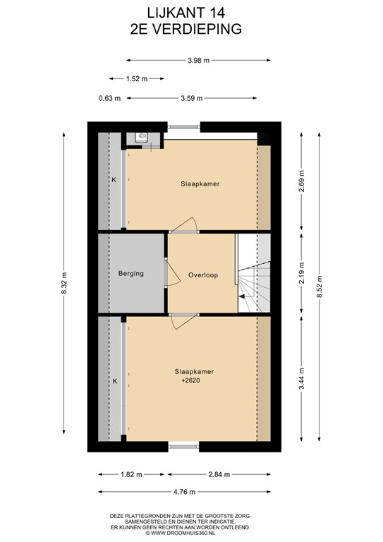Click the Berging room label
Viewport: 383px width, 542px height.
click(131, 273)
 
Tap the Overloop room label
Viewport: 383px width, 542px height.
click(203, 275)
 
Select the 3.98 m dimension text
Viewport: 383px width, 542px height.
click(199, 61)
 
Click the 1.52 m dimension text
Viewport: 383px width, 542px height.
click(137, 79)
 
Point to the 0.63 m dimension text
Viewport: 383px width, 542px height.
click(109, 98)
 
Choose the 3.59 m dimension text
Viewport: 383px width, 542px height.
click(192, 98)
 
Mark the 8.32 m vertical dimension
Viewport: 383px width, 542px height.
click(64, 283)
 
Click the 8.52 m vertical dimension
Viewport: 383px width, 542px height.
click(320, 287)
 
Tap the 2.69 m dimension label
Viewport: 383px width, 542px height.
click(302, 181)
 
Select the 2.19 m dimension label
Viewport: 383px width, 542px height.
click(302, 273)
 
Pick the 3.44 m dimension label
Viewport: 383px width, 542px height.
click(302, 378)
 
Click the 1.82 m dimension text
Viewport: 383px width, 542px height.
click(131, 474)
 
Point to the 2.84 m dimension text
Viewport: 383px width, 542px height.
click(219, 474)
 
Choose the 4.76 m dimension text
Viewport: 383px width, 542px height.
click(184, 492)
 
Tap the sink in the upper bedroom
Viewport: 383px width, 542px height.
click(142, 137)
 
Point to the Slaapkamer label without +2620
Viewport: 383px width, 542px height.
click(200, 184)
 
